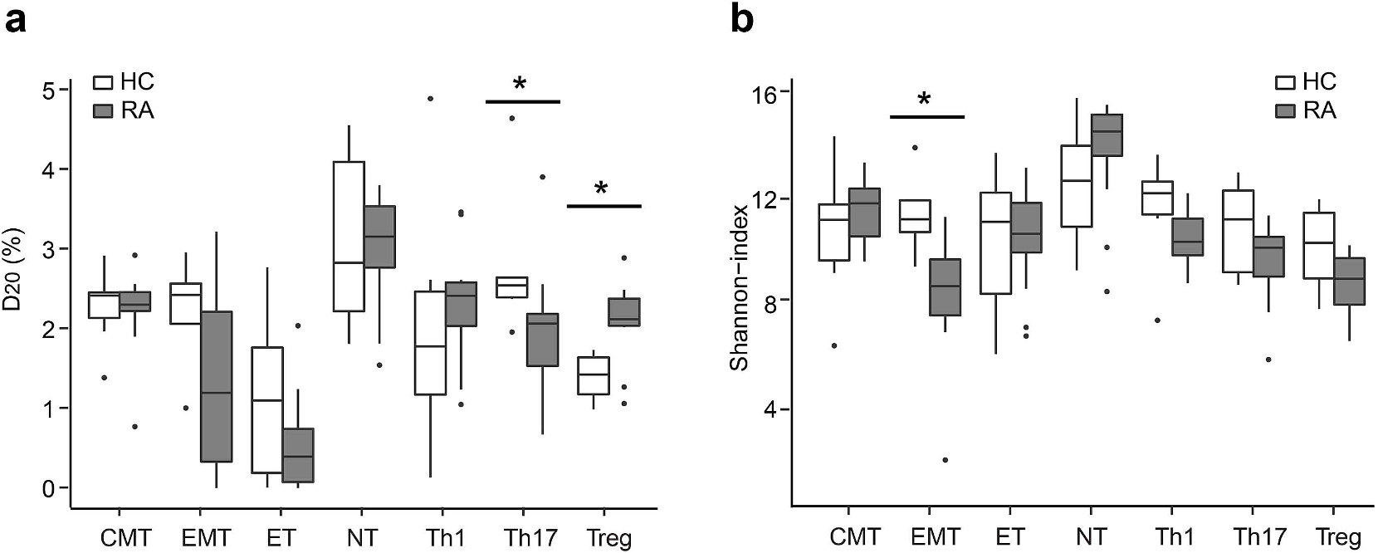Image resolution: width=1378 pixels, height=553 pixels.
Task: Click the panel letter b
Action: click(x=741, y=20)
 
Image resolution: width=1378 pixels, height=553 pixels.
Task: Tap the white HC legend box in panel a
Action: click(x=103, y=83)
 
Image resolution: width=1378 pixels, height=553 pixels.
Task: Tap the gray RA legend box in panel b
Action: click(x=1285, y=110)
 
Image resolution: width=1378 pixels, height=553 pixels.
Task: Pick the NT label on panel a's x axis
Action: click(x=363, y=537)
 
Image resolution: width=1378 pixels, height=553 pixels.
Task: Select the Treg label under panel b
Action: click(x=1338, y=537)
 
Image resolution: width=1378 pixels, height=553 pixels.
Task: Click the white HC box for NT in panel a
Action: click(x=349, y=237)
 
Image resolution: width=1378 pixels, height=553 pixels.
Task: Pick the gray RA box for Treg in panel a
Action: click(x=623, y=312)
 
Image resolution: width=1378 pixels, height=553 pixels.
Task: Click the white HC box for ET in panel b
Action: click(x=996, y=243)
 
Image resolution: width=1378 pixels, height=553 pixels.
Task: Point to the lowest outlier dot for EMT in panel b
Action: click(x=945, y=460)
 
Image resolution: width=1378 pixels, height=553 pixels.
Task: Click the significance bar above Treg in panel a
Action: click(x=604, y=205)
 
